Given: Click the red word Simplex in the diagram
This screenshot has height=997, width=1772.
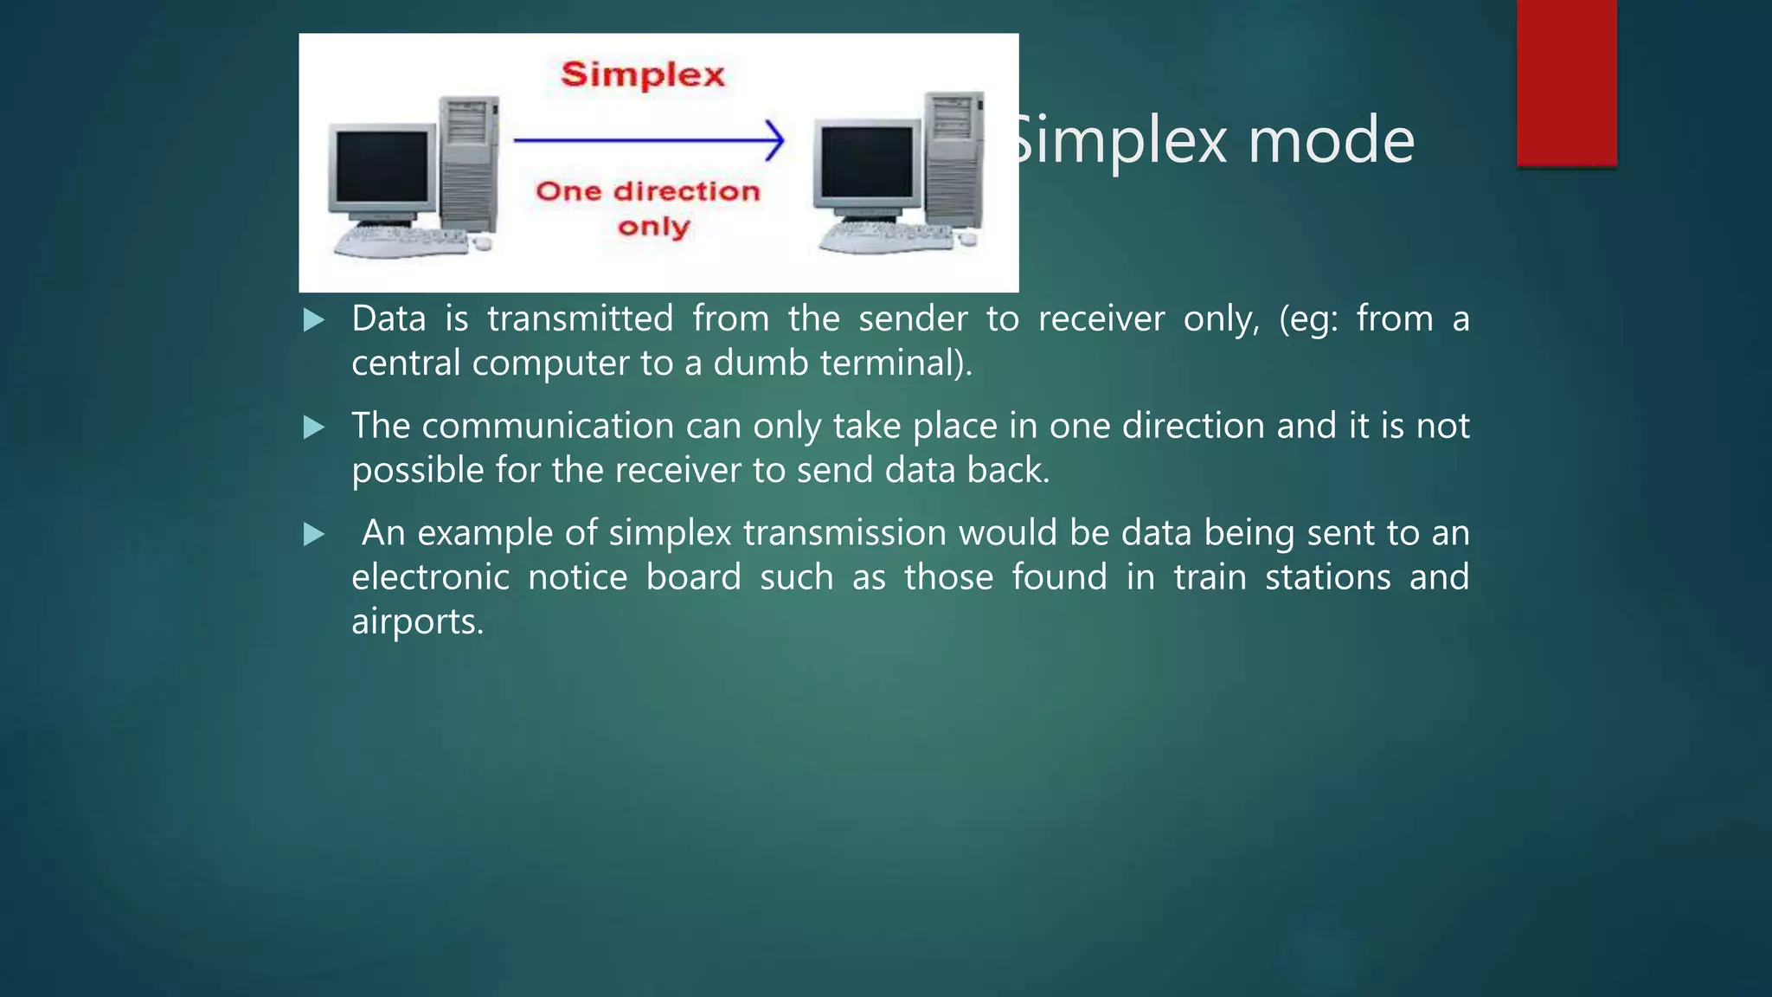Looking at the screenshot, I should [x=642, y=74].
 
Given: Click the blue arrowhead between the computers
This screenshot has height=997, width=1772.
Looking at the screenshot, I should [x=775, y=139].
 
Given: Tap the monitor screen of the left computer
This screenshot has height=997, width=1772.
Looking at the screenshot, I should [x=382, y=167].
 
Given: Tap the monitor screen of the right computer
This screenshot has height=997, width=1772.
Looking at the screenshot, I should [x=866, y=163].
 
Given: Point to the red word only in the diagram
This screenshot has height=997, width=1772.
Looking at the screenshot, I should [x=653, y=227].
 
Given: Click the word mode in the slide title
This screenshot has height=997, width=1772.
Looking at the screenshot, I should [x=1331, y=140].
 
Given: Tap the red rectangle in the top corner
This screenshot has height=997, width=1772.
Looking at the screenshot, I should [x=1566, y=82].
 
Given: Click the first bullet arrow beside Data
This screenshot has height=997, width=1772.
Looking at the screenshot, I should [x=314, y=321].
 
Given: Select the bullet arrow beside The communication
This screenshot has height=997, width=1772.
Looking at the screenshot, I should [x=314, y=428].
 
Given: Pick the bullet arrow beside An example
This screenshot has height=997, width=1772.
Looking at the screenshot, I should [x=314, y=534].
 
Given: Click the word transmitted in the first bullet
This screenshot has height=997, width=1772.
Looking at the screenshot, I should [x=580, y=318].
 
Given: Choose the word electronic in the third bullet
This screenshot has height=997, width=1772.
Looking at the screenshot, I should [x=430, y=577].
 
